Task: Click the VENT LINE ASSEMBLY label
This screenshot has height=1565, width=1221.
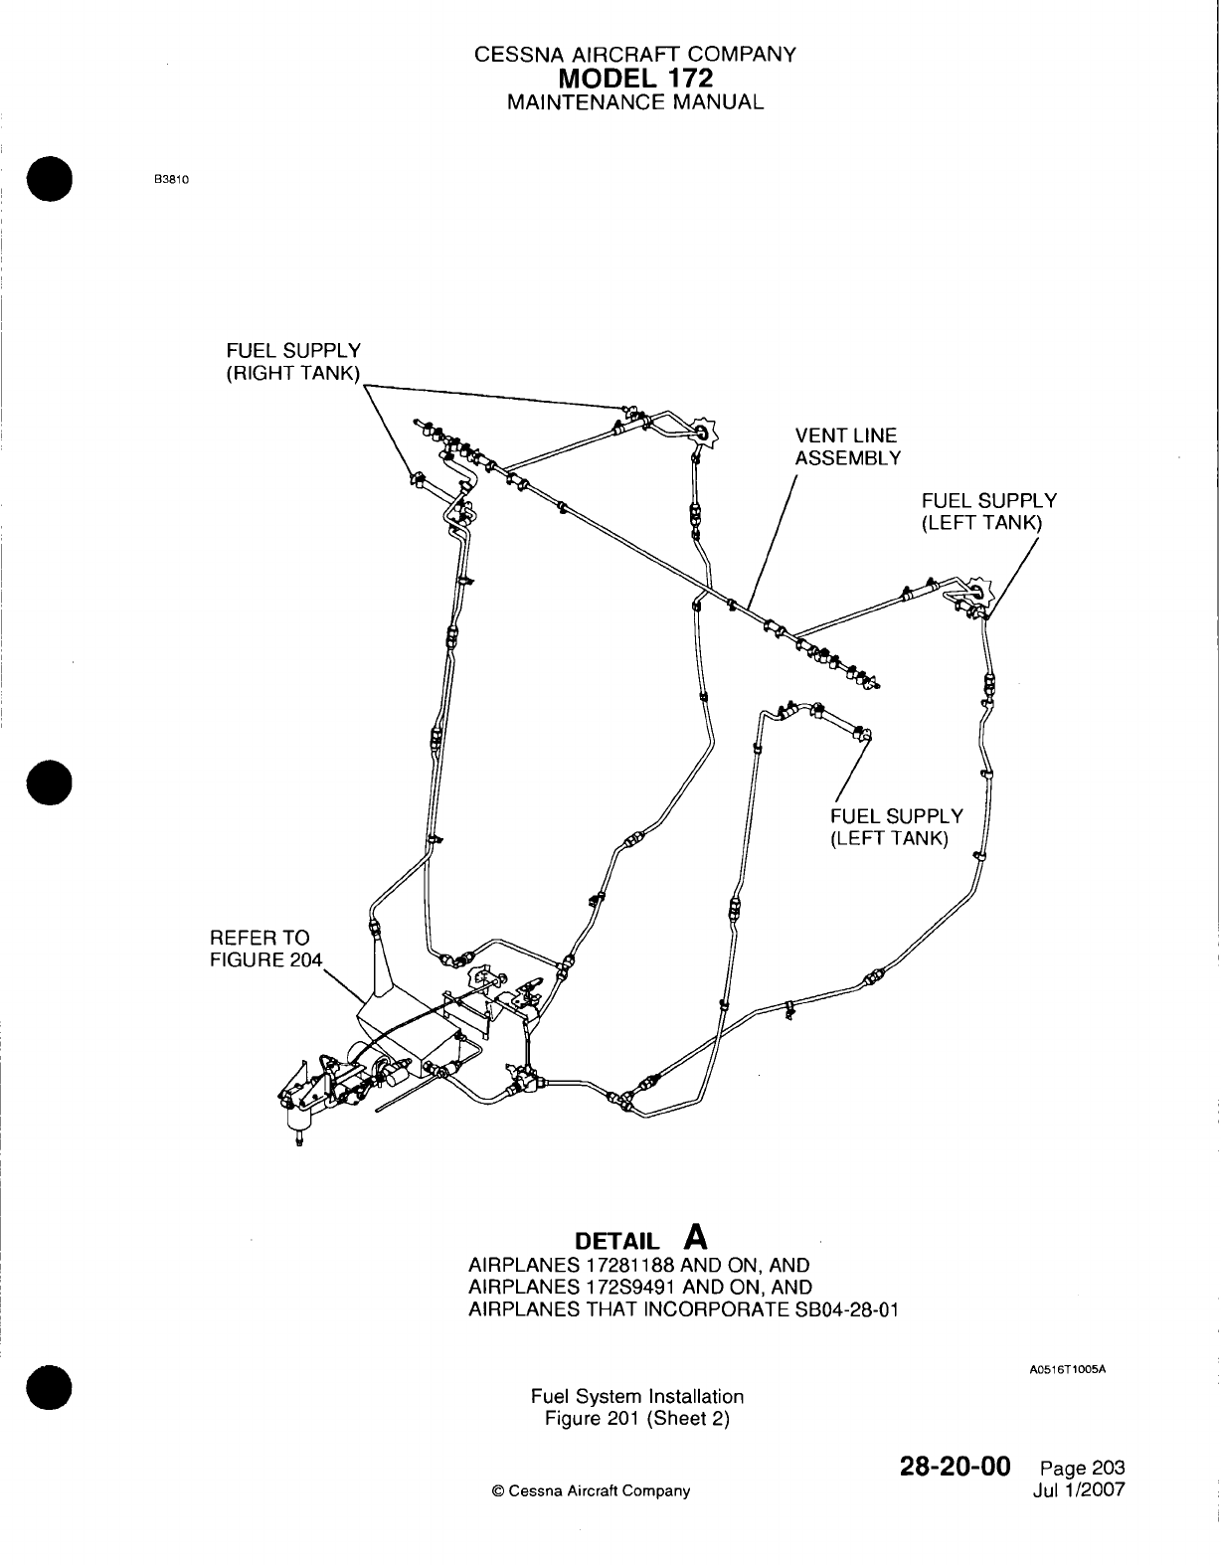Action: click(847, 446)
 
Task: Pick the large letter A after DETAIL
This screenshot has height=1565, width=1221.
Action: click(697, 1236)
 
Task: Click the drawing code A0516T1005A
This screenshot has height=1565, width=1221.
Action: click(1068, 1369)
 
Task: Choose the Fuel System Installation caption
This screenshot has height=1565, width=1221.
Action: click(637, 1396)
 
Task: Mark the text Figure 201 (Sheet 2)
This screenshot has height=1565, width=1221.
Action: click(637, 1418)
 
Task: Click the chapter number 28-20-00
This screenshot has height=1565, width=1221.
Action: click(955, 1467)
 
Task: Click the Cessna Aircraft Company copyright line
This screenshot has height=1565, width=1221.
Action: click(591, 1490)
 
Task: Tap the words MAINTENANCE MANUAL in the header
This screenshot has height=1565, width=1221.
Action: click(635, 101)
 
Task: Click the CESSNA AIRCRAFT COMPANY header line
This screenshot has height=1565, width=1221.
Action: click(635, 55)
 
